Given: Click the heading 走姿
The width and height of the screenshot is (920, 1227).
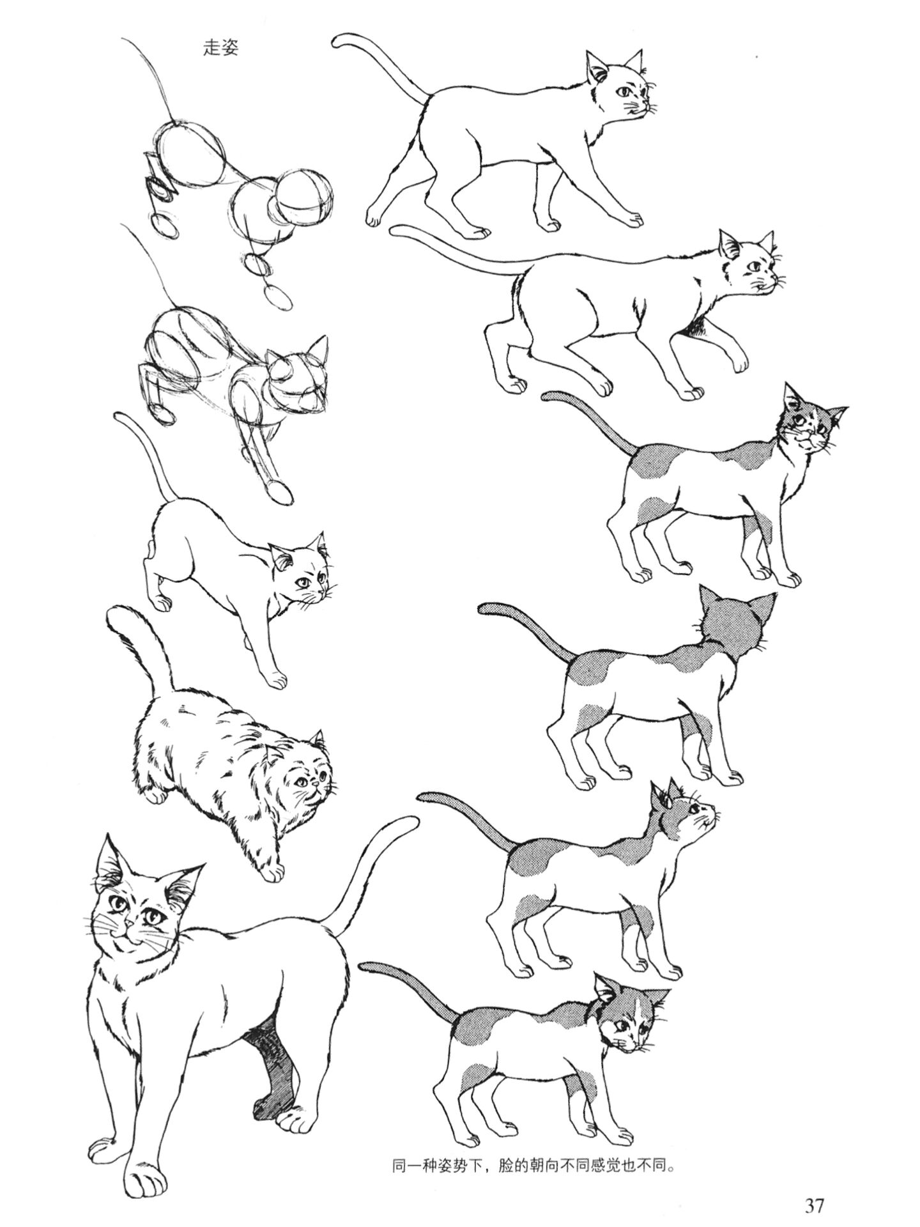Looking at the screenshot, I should tap(220, 49).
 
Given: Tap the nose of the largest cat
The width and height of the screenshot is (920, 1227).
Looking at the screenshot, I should tap(130, 924).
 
